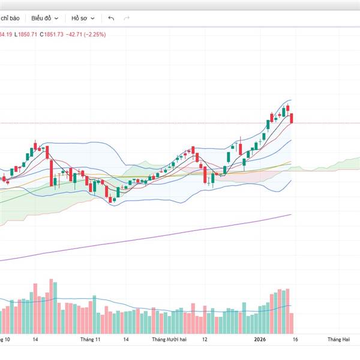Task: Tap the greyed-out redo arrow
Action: click(127, 18)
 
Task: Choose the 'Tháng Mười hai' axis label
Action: click(169, 340)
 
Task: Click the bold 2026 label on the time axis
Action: click(260, 340)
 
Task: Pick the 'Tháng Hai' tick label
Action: click(338, 340)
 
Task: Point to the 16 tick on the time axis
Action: click(295, 340)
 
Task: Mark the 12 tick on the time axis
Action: click(205, 340)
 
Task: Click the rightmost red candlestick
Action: click(292, 118)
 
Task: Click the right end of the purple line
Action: click(290, 215)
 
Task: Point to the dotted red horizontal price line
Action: click(180, 123)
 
